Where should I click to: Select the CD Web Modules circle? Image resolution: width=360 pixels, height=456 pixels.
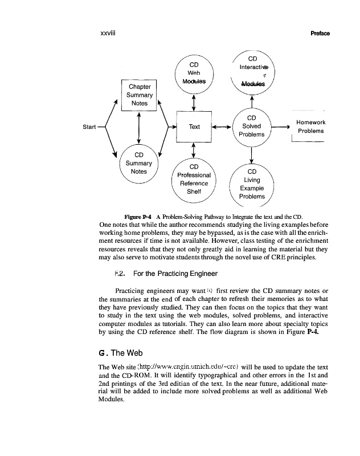point(194,73)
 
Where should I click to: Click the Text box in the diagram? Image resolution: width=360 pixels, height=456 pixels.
point(194,127)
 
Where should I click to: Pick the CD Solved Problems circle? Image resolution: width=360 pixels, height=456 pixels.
point(251,126)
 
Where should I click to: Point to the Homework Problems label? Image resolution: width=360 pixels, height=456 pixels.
point(310,127)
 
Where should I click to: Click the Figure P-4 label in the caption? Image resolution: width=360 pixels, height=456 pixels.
point(137,217)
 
